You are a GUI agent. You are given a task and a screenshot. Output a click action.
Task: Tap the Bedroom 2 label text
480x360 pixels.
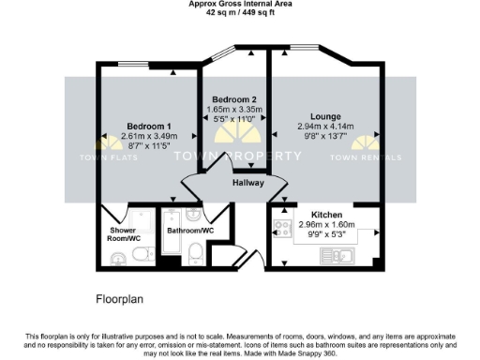coord(234,99)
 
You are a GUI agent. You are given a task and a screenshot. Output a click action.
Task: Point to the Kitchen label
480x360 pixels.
coord(314,215)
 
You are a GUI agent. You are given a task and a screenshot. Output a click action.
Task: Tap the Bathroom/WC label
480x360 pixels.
coord(190,229)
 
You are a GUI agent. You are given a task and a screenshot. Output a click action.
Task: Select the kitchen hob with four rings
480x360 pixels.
coord(279,227)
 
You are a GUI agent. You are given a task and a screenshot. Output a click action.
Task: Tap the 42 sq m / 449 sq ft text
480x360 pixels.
coord(240,12)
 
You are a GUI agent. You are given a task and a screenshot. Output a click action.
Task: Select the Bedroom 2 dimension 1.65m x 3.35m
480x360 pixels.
coord(234,110)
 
